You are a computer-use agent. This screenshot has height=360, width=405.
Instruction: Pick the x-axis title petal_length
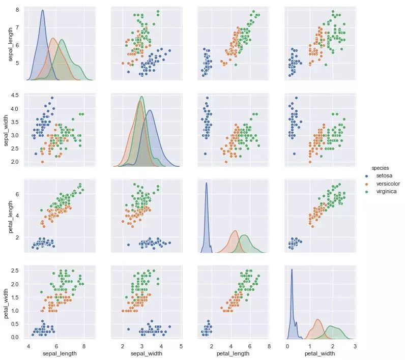click(233, 352)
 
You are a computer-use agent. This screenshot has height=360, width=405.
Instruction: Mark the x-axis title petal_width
click(320, 352)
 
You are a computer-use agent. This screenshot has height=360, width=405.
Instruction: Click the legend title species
click(381, 167)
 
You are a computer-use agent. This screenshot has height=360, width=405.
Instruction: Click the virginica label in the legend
click(388, 191)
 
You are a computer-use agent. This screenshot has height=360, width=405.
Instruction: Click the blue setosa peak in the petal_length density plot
click(207, 183)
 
